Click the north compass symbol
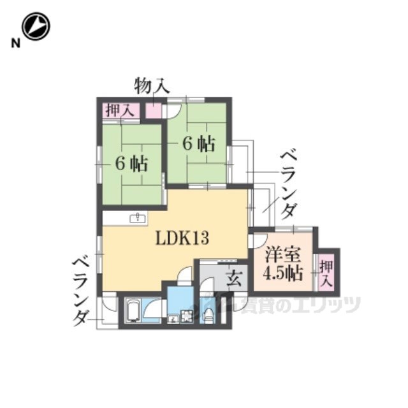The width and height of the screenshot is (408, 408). (x=36, y=26)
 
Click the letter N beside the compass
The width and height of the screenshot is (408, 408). (x=15, y=43)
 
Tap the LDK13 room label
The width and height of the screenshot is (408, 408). (x=182, y=238)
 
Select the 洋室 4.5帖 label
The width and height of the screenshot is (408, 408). (x=283, y=265)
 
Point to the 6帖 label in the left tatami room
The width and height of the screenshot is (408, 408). (x=132, y=164)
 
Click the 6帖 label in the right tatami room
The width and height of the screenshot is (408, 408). (x=199, y=144)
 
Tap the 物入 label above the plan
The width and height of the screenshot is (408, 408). (x=152, y=86)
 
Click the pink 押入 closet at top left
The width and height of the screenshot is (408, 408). (x=120, y=110)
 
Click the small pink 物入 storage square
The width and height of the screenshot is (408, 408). (x=154, y=110)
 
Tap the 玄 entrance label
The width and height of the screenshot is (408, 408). (x=235, y=277)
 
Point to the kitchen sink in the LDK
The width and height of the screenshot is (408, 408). (x=137, y=218)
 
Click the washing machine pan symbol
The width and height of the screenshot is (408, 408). (x=187, y=317)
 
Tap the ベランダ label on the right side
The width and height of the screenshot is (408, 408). (x=289, y=186)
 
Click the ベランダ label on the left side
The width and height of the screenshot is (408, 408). (x=80, y=293)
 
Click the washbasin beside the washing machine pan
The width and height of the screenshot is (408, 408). (x=173, y=319)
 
